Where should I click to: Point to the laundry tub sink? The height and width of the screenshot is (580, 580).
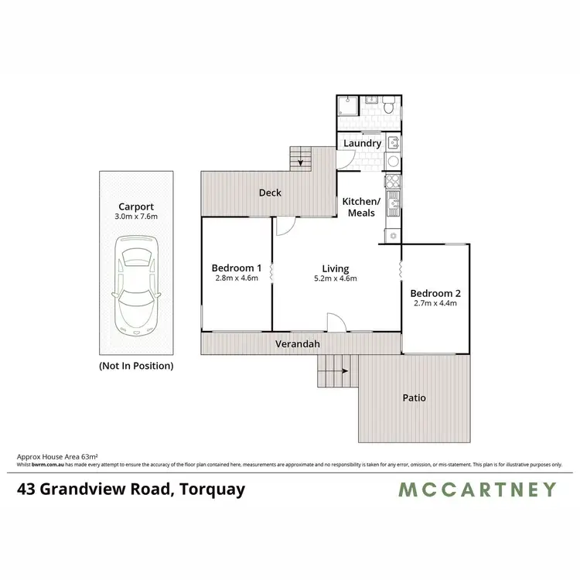(x=393, y=142)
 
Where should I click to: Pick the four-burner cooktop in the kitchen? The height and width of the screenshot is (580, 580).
(x=392, y=183)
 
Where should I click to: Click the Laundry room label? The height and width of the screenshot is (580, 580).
(x=362, y=144)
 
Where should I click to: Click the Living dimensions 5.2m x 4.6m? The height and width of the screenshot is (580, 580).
(x=336, y=279)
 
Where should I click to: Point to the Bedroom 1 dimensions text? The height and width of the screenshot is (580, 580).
(x=236, y=279)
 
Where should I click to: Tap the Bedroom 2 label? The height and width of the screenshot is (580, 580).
(x=435, y=293)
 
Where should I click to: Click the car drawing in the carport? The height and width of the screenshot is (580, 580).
(x=135, y=282)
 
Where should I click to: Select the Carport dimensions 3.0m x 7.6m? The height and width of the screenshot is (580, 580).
(x=135, y=217)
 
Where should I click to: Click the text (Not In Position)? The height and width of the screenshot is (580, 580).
(x=135, y=365)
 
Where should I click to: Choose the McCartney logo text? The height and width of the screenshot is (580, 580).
(x=477, y=489)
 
